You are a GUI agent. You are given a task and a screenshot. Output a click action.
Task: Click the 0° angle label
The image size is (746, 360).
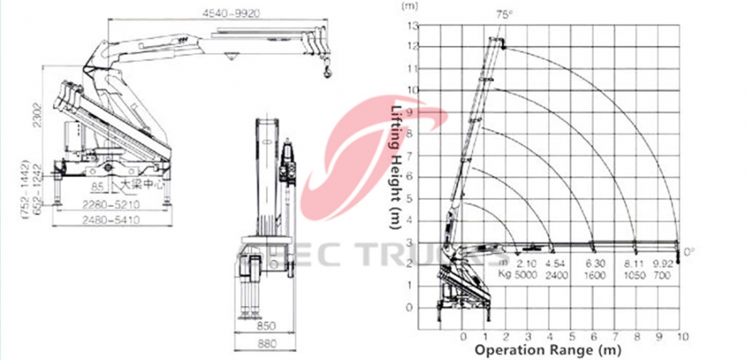[x=689, y=252]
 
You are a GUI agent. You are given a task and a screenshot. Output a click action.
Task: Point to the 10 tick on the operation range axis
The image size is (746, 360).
[x=683, y=335]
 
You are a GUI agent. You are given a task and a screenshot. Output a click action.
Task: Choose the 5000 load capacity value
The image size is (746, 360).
[x=526, y=274]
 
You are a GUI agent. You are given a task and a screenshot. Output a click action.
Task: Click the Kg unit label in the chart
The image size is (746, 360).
[x=504, y=274]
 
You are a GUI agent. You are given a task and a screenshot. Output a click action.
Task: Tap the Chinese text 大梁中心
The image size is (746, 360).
[x=143, y=184]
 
